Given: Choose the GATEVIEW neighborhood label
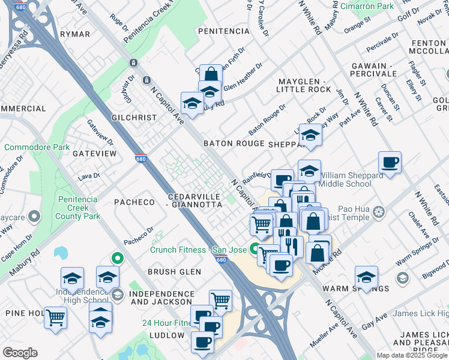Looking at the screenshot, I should click(94, 154).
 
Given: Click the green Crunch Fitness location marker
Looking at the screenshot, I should click(255, 247).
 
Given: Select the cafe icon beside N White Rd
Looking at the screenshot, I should click(390, 163).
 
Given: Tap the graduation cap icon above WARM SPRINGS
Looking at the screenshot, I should click(366, 277).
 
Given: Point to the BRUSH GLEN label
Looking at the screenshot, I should click(174, 272).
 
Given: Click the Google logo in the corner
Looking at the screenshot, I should click(20, 353).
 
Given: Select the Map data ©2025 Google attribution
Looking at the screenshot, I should click(412, 355).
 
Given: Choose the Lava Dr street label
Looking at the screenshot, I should click(88, 176).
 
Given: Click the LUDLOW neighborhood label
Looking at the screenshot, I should click(167, 334).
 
